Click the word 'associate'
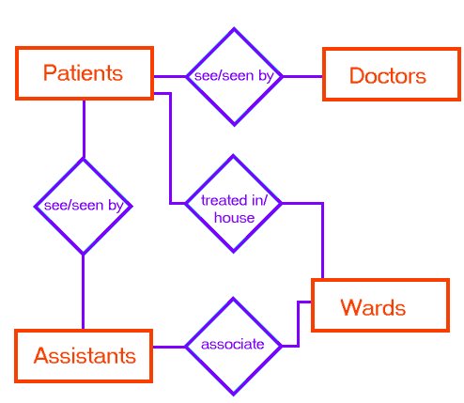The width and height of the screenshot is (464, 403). pos(233,344)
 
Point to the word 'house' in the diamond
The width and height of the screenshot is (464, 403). pos(234,218)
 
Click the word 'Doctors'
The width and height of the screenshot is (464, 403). pos(388,75)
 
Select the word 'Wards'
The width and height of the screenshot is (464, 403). pos(373,307)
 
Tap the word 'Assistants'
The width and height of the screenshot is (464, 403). pos(85,356)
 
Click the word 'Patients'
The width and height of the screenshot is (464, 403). pos(83,72)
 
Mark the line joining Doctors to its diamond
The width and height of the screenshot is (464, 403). pos(302,76)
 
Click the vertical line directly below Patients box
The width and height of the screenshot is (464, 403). pos(84,129)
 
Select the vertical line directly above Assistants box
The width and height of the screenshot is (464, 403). pos(83,291)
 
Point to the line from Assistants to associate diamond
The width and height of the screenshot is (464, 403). pos(169,347)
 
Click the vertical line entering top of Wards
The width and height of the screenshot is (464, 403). pos(322,240)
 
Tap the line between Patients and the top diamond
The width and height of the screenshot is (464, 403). pos(170,76)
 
